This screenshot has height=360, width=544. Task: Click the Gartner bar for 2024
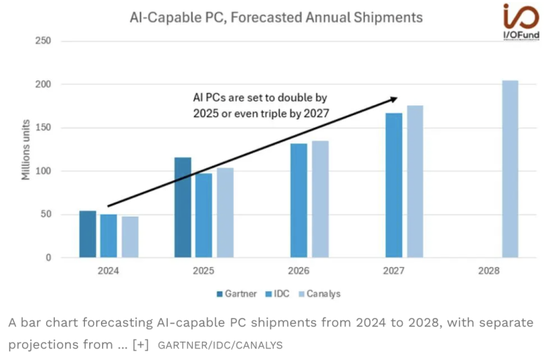coord(88,234)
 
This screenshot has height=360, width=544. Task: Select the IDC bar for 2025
coord(204,215)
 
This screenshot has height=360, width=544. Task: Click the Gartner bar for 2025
coord(183,208)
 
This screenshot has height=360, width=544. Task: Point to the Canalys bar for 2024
coord(130,237)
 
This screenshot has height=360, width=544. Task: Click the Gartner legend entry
coord(236,293)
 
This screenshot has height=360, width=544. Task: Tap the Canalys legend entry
coord(318,293)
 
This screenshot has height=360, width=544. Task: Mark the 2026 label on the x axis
coord(299,271)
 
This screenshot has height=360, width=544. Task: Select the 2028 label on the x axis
coord(488,271)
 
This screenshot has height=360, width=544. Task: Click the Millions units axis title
coord(26,149)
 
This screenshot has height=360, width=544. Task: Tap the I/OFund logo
coord(521,23)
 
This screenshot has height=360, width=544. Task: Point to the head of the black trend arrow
coord(395,98)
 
